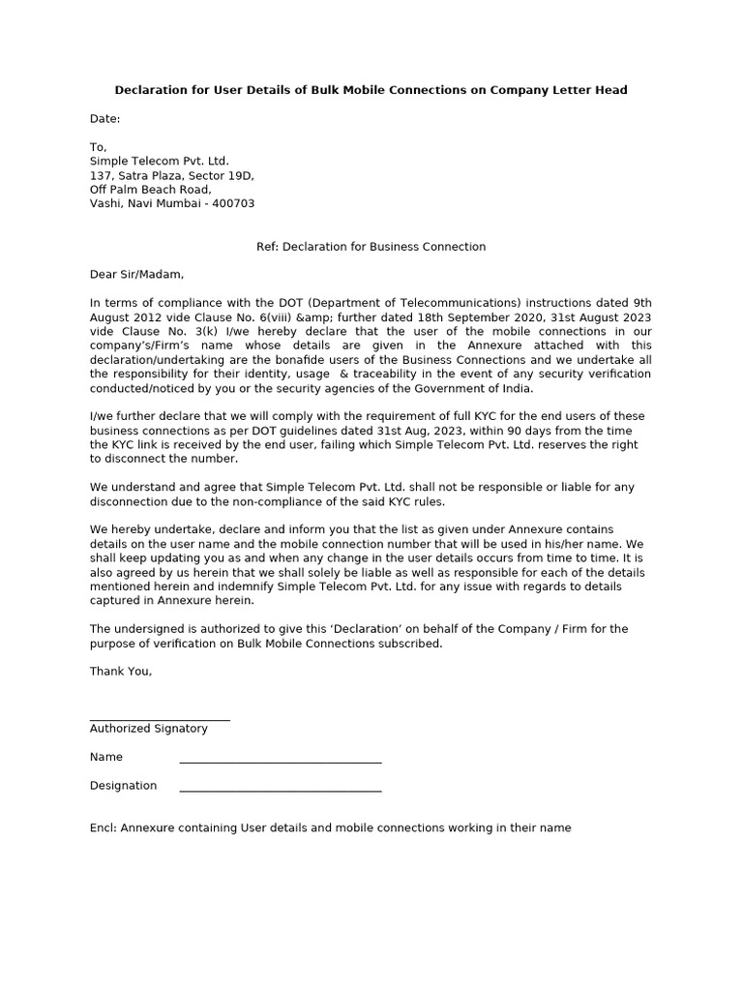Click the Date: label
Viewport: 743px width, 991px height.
tap(105, 119)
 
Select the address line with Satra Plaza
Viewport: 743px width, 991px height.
tap(171, 176)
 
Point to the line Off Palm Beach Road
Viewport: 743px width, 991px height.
tap(150, 190)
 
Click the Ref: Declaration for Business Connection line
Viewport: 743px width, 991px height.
tap(371, 247)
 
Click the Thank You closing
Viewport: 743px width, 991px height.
tap(121, 672)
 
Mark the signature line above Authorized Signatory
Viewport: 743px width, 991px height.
tap(160, 720)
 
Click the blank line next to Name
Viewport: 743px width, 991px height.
tap(281, 763)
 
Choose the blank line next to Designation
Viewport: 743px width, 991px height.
tap(281, 791)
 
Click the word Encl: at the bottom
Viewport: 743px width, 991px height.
tap(103, 828)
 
